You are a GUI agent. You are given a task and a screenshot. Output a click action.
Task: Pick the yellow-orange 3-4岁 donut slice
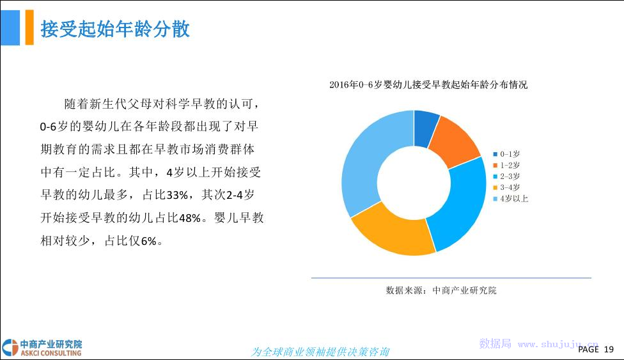(x=392, y=231)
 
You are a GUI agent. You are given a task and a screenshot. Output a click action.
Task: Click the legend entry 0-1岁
(x=506, y=154)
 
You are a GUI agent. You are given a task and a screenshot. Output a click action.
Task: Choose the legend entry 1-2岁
(x=506, y=165)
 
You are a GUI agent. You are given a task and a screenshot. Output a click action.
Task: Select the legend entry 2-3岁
(x=506, y=176)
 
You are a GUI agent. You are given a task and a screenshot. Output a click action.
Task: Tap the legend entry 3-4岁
(x=506, y=187)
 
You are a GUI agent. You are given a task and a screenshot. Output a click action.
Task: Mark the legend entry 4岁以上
(x=511, y=199)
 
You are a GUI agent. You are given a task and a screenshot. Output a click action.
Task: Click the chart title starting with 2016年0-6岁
(x=428, y=84)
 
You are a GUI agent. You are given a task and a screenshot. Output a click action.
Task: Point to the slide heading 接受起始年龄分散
(x=115, y=29)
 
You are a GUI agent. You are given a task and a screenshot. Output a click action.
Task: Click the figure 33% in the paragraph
(x=178, y=195)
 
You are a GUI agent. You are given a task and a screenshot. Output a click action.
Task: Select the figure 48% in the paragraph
(x=190, y=218)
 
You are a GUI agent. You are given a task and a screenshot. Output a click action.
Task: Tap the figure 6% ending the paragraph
(x=149, y=241)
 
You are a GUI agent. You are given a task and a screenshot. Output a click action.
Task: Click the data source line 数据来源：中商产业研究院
(x=441, y=290)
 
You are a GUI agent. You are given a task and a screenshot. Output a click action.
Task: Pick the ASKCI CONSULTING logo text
(x=51, y=353)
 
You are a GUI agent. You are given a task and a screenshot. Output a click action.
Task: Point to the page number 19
(x=609, y=349)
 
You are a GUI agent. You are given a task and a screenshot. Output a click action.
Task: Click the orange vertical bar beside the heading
(x=29, y=27)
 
